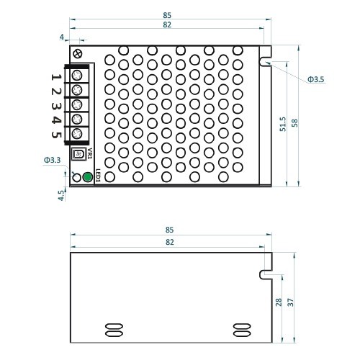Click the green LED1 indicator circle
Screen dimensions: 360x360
coord(87,177)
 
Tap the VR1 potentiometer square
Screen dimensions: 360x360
coord(78,153)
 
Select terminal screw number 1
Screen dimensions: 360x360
coord(77,76)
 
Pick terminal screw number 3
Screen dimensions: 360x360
coord(77,104)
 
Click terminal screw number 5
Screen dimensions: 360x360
coord(77,133)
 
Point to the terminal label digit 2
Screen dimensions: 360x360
coord(56,91)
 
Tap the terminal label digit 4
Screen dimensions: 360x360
coord(56,120)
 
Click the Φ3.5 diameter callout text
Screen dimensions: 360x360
coord(316,79)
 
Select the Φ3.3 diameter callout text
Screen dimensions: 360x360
coord(53,160)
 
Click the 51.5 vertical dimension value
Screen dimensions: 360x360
coord(283,124)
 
